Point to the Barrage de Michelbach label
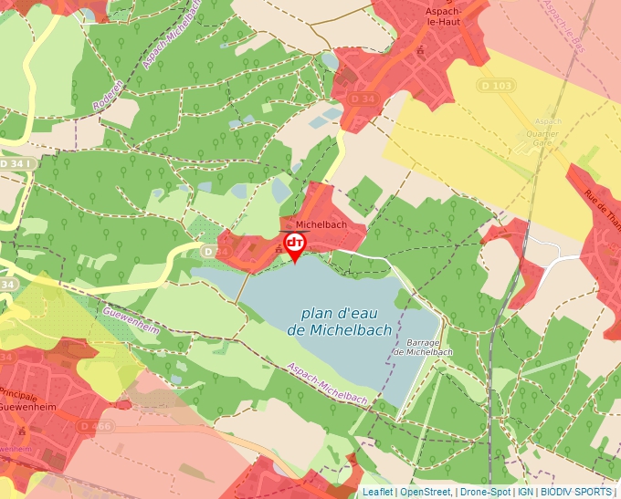(423, 347)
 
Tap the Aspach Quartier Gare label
(548, 131)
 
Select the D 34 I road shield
(18, 163)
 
